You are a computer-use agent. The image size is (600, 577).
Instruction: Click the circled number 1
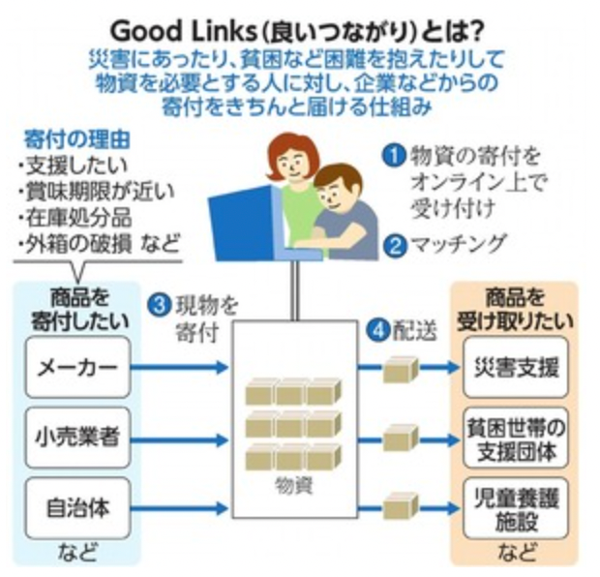pyautogui.click(x=393, y=155)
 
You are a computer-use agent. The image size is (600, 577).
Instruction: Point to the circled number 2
pyautogui.click(x=393, y=244)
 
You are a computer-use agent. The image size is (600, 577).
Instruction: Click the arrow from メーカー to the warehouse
pyautogui.click(x=178, y=368)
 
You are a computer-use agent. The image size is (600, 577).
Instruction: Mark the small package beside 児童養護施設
pyautogui.click(x=400, y=506)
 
